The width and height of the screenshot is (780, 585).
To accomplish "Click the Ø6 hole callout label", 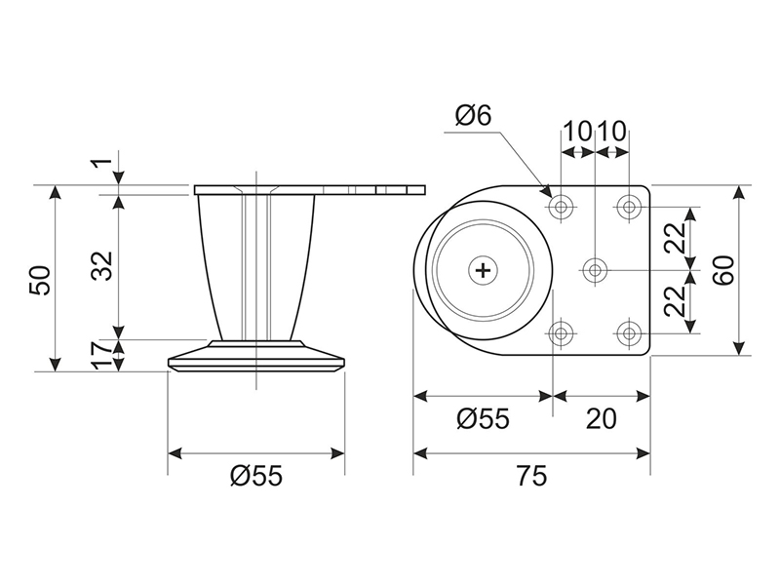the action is (473, 116).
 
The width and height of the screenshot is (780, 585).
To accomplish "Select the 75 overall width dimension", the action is (531, 476).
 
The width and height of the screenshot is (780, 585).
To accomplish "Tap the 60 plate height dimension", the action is (723, 270).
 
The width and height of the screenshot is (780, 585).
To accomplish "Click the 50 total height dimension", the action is (40, 281).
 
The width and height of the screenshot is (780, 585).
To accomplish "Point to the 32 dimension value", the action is (104, 265).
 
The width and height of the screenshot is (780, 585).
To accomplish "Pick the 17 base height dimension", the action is (104, 355).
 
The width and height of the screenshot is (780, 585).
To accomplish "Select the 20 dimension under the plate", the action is (601, 418).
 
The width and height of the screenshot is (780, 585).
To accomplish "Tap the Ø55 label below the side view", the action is (256, 476).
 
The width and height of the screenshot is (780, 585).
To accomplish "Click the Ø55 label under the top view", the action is (483, 418).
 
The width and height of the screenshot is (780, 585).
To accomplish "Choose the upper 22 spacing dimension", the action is (675, 238).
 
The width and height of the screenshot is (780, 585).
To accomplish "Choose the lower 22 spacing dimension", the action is (675, 301).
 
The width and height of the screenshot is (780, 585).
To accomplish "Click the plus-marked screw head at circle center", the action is (483, 271).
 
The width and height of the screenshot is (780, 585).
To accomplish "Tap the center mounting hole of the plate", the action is (595, 271).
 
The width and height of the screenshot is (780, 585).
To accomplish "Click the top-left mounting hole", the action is (562, 206).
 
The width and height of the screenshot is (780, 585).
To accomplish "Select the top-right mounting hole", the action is (629, 206).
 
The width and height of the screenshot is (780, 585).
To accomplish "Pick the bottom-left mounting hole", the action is (562, 333).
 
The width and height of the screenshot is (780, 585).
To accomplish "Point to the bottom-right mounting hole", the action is (629, 333).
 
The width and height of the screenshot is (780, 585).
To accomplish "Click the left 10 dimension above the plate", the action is (578, 132).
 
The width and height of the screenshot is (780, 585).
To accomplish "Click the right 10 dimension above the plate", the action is (611, 132).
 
